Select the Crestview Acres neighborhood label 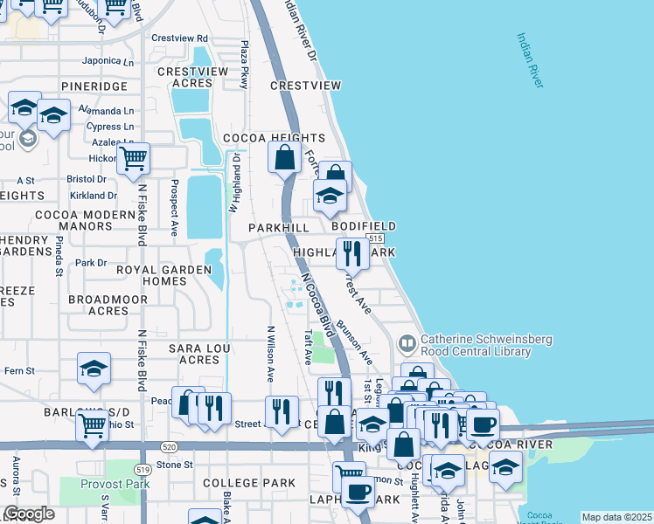tap(185, 78)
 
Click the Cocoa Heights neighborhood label tap(274, 138)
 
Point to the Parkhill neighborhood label tap(279, 227)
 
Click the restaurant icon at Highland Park tap(352, 254)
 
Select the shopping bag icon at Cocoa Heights tap(285, 159)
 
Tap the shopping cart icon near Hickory tap(133, 159)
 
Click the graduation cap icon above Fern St tap(94, 369)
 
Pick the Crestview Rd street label tap(179, 38)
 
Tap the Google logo tap(29, 514)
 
